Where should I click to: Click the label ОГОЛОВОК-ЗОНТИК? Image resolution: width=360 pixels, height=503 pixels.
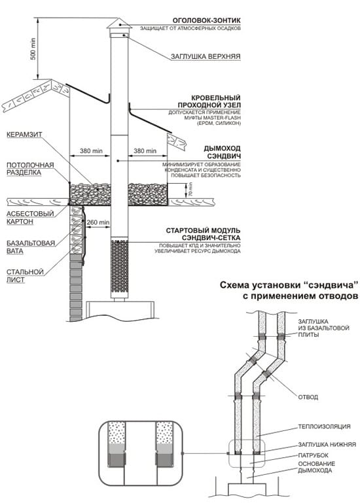(204, 20)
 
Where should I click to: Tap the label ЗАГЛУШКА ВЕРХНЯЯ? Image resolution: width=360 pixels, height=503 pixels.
(205, 57)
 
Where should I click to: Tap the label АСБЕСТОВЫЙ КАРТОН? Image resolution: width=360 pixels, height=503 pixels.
(26, 217)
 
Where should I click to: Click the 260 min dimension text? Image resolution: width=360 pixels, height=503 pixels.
(98, 222)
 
